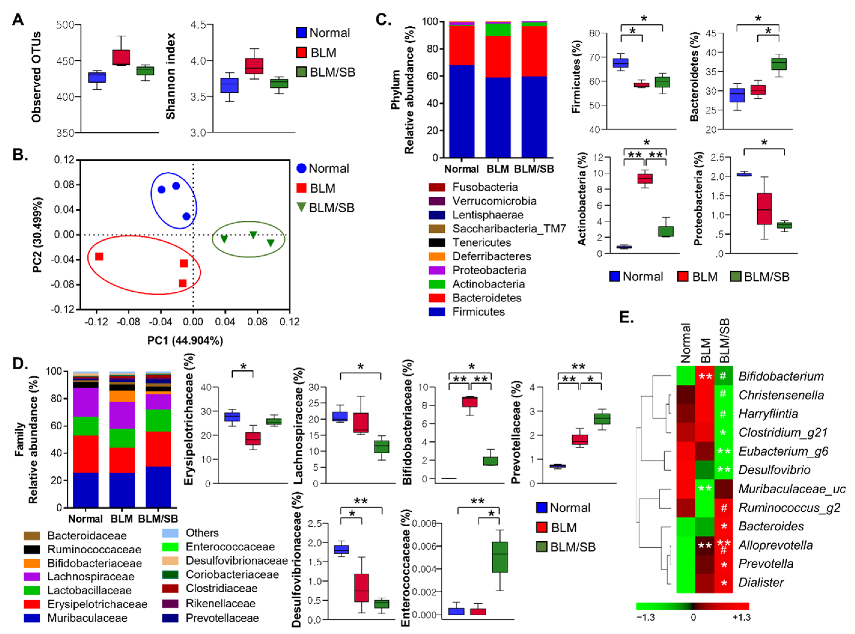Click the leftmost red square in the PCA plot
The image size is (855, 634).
(x=99, y=256)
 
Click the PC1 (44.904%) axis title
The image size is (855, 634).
(x=185, y=340)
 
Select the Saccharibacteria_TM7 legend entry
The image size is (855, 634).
(x=509, y=229)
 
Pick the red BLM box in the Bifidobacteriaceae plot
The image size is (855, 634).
(x=469, y=402)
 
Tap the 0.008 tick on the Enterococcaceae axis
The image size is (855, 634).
(x=425, y=523)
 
